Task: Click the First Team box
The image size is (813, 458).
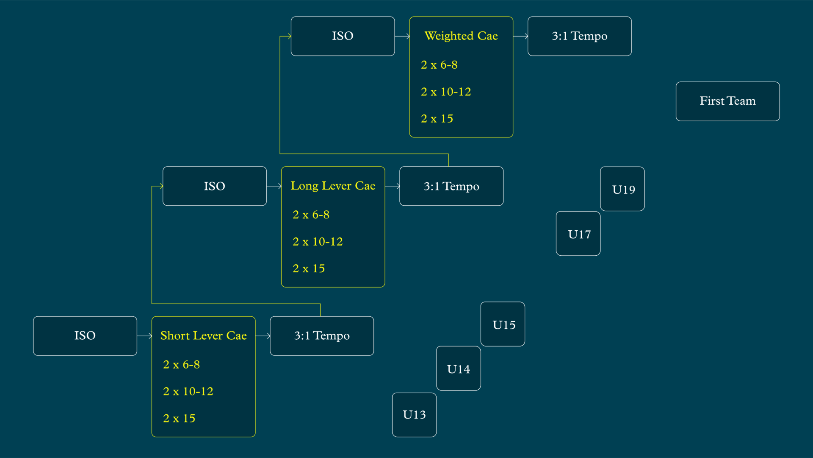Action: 727,101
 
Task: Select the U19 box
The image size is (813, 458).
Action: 622,189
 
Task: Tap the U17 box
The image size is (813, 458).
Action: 578,234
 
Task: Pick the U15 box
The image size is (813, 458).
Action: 503,324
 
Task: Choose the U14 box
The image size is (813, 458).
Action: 459,369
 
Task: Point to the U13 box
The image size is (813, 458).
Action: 414,415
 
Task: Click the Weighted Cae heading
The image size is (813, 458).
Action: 461,36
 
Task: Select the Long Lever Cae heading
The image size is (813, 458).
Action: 333,186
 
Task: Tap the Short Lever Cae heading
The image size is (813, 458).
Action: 203,335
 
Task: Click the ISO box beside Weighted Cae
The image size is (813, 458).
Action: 343,36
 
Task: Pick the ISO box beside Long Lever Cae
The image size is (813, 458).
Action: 215,186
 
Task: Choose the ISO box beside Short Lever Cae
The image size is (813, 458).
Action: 85,336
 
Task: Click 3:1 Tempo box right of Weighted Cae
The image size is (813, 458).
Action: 579,36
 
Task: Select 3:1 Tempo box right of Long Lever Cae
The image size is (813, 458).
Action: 451,186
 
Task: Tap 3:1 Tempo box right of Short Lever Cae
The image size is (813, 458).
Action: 322,336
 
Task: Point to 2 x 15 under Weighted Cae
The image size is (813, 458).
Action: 437,119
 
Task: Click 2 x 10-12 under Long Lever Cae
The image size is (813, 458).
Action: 318,242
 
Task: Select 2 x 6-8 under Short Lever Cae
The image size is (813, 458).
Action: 181,365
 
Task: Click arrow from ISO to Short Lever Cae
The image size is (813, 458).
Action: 144,336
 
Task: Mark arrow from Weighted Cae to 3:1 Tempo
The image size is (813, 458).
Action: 520,36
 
